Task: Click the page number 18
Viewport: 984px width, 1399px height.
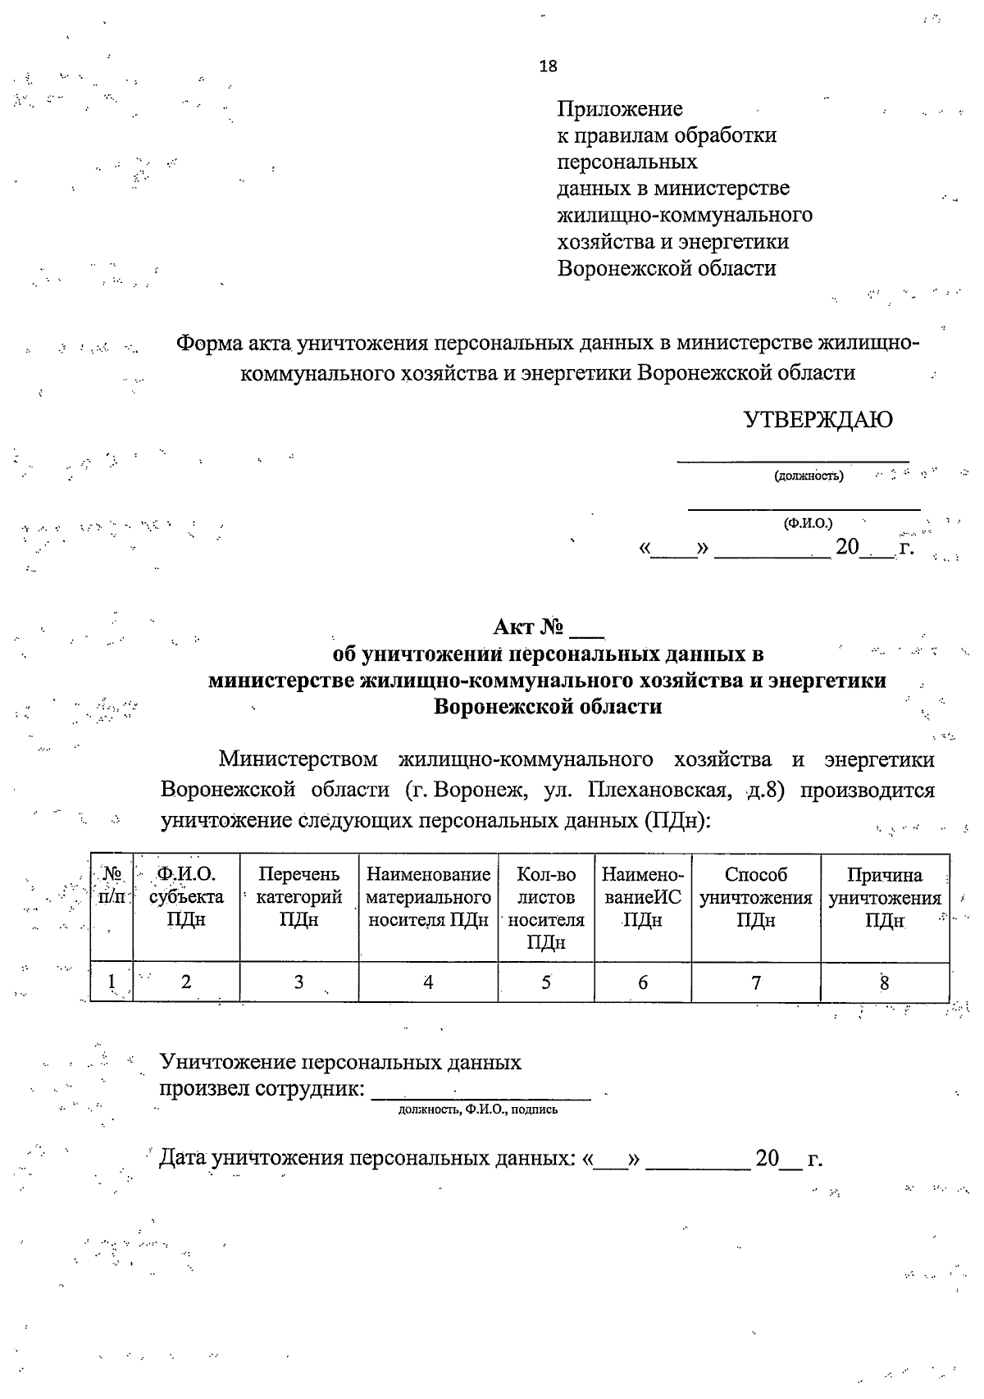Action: point(549,66)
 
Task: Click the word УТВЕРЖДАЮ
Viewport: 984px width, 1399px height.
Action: point(818,420)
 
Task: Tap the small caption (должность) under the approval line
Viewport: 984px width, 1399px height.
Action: point(809,476)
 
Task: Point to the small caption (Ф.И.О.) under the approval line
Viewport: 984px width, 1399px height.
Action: point(808,522)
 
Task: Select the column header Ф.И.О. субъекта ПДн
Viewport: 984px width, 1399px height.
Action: point(186,897)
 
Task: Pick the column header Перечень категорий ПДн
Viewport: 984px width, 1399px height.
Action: point(298,897)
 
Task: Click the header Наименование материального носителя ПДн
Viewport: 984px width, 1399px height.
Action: point(428,897)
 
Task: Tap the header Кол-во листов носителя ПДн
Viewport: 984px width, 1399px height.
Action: point(546,908)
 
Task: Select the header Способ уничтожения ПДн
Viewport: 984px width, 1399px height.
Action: point(756,897)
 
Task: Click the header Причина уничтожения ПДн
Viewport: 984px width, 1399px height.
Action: point(885,897)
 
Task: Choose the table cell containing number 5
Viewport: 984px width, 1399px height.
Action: point(546,982)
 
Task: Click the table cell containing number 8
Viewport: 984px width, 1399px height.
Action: point(885,982)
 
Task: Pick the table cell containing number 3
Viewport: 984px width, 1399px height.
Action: point(298,982)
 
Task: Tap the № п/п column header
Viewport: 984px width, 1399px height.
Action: point(112,886)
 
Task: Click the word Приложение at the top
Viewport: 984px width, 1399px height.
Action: point(620,109)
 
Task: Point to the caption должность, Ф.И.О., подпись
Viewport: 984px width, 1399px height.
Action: point(478,1110)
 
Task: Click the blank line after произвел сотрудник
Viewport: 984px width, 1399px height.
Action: point(481,1091)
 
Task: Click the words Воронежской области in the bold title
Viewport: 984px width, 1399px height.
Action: point(547,706)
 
